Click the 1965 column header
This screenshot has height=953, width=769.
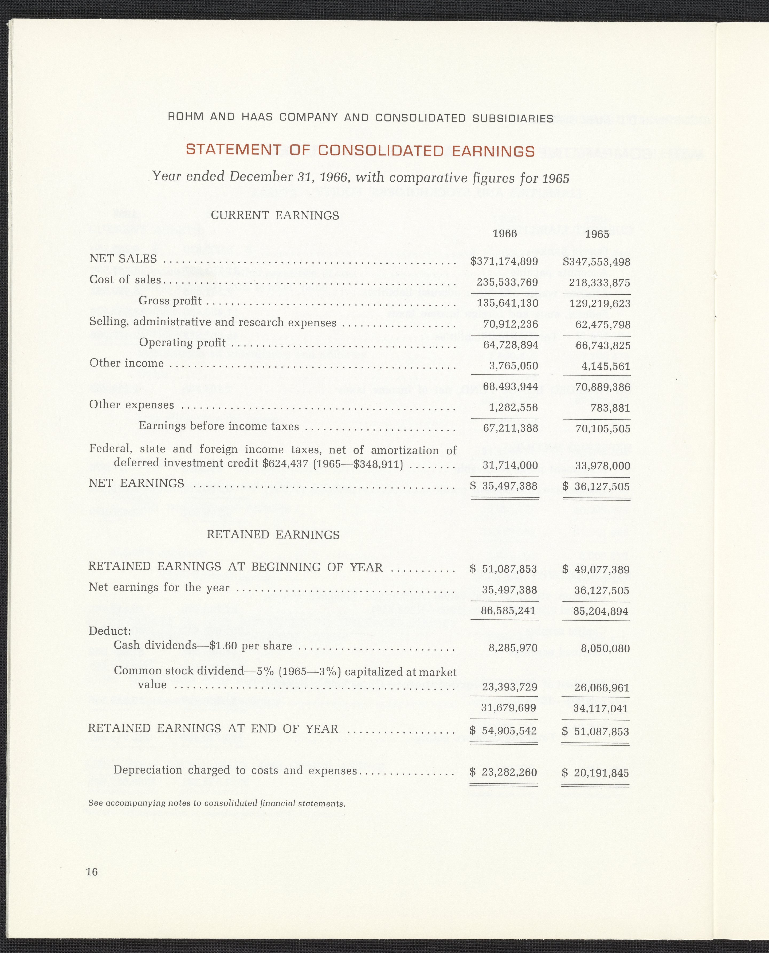pos(597,234)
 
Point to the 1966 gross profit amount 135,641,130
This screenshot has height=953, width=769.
pos(507,303)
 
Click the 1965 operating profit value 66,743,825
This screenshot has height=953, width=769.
pos(602,346)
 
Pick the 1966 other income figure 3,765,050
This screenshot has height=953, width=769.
pos(513,366)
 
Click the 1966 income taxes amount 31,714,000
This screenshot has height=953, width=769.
pos(510,465)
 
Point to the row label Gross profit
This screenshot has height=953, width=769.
pos(170,301)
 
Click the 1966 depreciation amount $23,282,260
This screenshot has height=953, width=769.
pos(504,772)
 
